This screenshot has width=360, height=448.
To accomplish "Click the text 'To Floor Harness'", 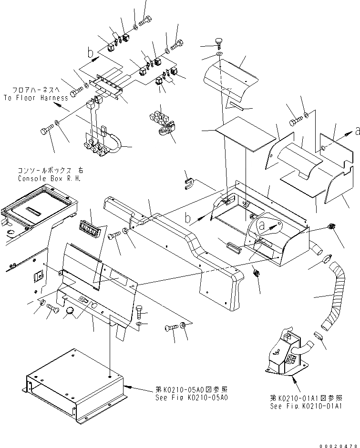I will (36, 98).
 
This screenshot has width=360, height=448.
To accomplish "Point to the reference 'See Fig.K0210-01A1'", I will (308, 407).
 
